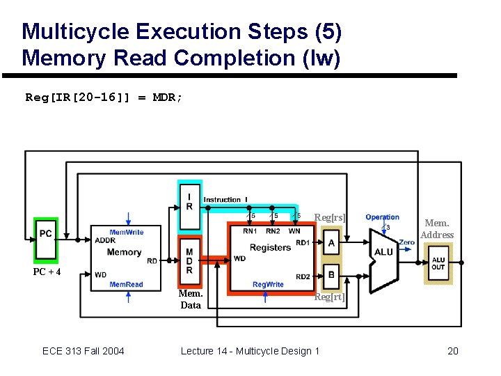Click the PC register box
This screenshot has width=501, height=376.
pyautogui.click(x=46, y=233)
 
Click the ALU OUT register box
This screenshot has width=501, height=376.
pyautogui.click(x=438, y=263)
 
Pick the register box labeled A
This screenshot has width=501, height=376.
pyautogui.click(x=331, y=243)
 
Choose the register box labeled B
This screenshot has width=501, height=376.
pyautogui.click(x=331, y=274)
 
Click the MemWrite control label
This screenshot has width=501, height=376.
pyautogui.click(x=126, y=232)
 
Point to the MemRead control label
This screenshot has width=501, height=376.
pyautogui.click(x=126, y=285)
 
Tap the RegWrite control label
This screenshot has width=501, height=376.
pyautogui.click(x=268, y=285)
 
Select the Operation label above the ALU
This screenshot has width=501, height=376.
pyautogui.click(x=383, y=217)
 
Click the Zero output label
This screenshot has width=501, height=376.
pyautogui.click(x=406, y=242)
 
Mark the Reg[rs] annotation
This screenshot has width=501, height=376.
pyautogui.click(x=330, y=218)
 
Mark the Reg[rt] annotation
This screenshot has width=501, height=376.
pyautogui.click(x=329, y=297)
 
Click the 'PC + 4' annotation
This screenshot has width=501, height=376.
pyautogui.click(x=47, y=272)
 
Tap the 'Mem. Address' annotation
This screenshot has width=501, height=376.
pyautogui.click(x=437, y=229)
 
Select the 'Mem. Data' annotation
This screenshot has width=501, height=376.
pyautogui.click(x=190, y=299)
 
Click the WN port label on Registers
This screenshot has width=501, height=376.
pyautogui.click(x=294, y=231)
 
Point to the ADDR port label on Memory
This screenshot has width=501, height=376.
pyautogui.click(x=105, y=241)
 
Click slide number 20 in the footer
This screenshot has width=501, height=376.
pyautogui.click(x=452, y=351)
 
